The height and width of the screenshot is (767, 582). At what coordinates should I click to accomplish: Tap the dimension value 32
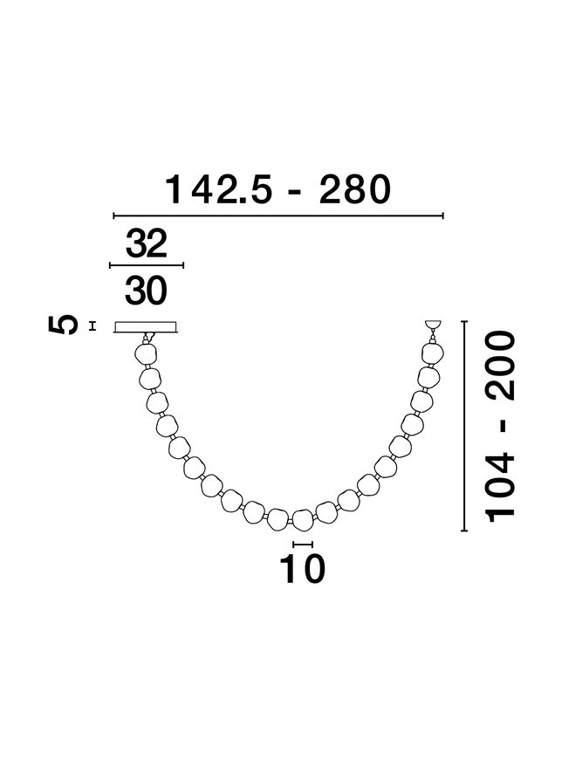[x=146, y=245]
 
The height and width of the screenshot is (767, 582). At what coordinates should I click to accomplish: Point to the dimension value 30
[x=146, y=291]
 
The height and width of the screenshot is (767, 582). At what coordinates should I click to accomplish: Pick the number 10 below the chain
[x=302, y=569]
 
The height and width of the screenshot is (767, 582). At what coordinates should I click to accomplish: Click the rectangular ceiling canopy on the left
[x=146, y=326]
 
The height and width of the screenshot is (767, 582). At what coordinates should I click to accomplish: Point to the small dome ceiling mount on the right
[x=431, y=325]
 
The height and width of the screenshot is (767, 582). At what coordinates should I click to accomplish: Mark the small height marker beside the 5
[x=92, y=326]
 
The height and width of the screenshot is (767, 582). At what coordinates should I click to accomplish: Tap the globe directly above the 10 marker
[x=302, y=519]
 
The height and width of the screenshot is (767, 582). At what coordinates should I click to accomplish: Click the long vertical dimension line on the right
[x=464, y=426]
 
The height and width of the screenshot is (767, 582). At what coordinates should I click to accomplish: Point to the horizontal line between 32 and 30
[x=146, y=264]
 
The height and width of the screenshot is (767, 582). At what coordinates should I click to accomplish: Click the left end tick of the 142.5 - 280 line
[x=114, y=216]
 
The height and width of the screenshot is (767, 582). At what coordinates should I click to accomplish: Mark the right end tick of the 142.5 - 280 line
[x=444, y=216]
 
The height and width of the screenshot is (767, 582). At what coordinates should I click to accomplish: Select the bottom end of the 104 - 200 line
[x=464, y=530]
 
